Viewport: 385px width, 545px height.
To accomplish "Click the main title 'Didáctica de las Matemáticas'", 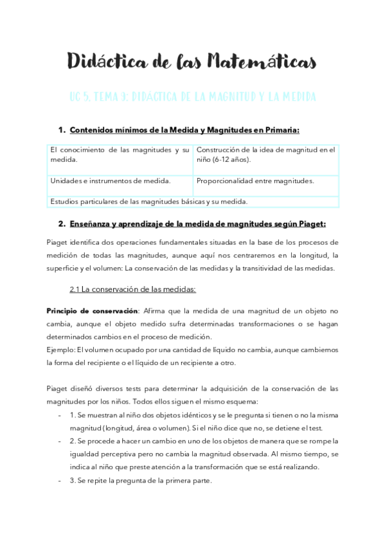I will [x=192, y=62].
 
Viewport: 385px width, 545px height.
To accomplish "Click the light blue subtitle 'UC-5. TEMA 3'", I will [x=93, y=97].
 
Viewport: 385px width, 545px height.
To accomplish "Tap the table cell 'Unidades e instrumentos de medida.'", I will [x=111, y=181].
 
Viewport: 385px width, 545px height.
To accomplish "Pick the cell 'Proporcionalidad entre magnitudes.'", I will [x=255, y=181].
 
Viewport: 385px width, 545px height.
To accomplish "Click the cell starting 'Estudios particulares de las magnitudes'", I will [x=148, y=201].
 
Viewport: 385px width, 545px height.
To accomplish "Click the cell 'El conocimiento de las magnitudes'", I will [x=120, y=155].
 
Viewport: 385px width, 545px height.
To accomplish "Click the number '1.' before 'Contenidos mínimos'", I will [x=62, y=130].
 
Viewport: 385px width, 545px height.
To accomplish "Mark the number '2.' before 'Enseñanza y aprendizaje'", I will [x=62, y=224].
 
